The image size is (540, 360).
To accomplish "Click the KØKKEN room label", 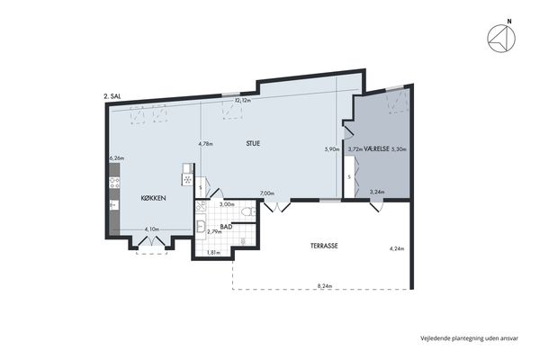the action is tap(154, 198).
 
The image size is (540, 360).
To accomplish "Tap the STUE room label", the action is tap(253, 144).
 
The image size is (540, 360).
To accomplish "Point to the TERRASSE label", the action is tap(324, 246).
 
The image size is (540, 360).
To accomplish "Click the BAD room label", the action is tap(226, 227).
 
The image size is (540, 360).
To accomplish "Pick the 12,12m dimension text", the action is tap(242, 101).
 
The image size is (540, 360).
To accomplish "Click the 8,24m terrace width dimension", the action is tap(325, 285).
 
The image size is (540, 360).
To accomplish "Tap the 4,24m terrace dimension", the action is tap(397, 248).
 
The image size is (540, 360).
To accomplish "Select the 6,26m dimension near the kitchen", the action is tap(117, 158).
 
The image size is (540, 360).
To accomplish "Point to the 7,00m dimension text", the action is tap(267, 193).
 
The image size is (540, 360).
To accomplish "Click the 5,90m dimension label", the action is tap(332, 149).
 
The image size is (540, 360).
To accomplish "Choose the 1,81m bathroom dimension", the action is tap(213, 253).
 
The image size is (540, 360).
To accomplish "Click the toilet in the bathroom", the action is tap(248, 211).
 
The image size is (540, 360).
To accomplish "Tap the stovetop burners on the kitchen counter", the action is tap(114, 183).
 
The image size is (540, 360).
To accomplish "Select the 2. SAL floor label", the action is tap(112, 97).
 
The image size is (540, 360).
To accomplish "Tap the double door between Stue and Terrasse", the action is tap(277, 206).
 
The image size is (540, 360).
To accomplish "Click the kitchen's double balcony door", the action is tap(151, 240).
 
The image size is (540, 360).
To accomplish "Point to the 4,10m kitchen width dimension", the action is tap(151, 229).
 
